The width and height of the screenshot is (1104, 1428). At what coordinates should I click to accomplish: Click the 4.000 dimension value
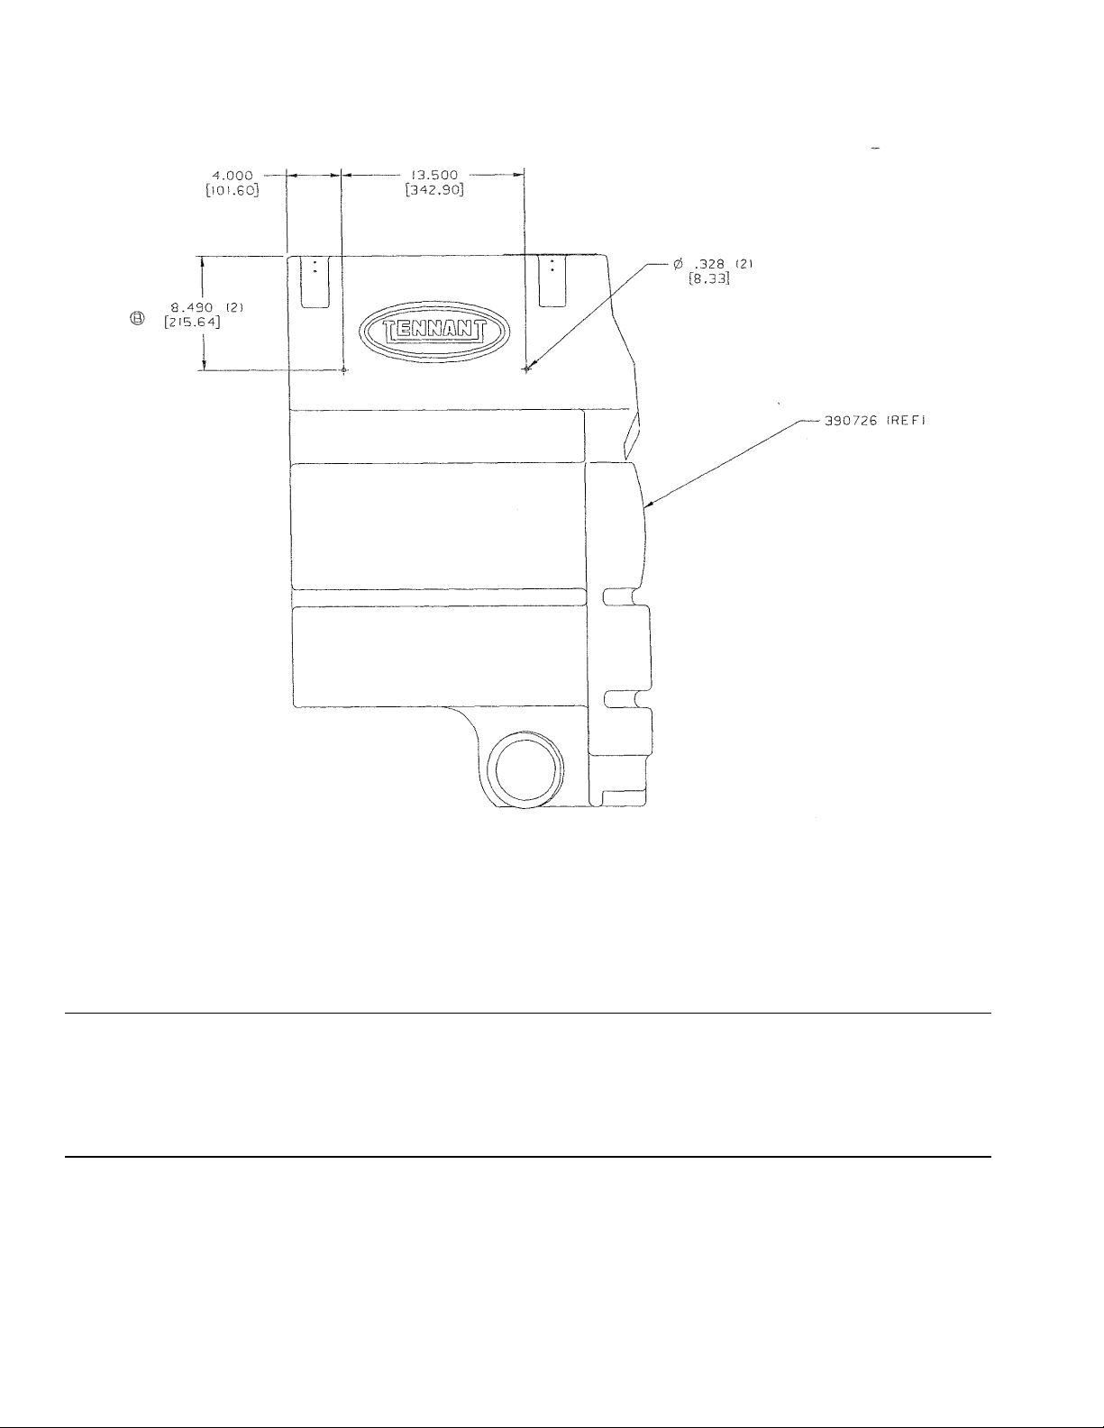(232, 176)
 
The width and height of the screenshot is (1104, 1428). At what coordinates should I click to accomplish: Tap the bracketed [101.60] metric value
(232, 191)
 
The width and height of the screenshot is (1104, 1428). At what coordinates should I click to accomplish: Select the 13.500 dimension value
(434, 176)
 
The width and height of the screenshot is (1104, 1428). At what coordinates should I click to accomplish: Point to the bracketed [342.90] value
(434, 191)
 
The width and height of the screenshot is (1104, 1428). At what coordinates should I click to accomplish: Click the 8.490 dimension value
(192, 307)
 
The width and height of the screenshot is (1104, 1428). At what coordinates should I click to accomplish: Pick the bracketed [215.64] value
(192, 323)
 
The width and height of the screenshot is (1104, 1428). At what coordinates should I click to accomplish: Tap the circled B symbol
(137, 319)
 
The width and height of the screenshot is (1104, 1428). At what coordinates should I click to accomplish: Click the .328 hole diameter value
(710, 264)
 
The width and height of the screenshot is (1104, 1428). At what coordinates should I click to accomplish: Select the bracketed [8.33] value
(709, 278)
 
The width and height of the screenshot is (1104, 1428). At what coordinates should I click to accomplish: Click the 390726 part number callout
(851, 421)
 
